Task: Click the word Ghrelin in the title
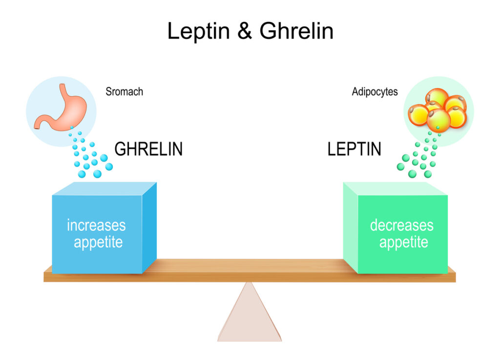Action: (x=296, y=32)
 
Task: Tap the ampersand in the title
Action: (x=245, y=32)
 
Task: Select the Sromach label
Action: (x=124, y=92)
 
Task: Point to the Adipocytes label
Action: (x=375, y=92)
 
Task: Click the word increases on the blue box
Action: (x=96, y=225)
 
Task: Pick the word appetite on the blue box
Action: (x=98, y=242)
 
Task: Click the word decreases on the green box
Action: (x=401, y=225)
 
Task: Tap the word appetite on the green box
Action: (x=403, y=242)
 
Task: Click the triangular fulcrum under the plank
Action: (x=250, y=315)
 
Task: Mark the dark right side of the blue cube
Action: (x=149, y=227)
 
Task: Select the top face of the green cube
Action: (x=393, y=189)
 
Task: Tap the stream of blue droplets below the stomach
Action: (x=89, y=156)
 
